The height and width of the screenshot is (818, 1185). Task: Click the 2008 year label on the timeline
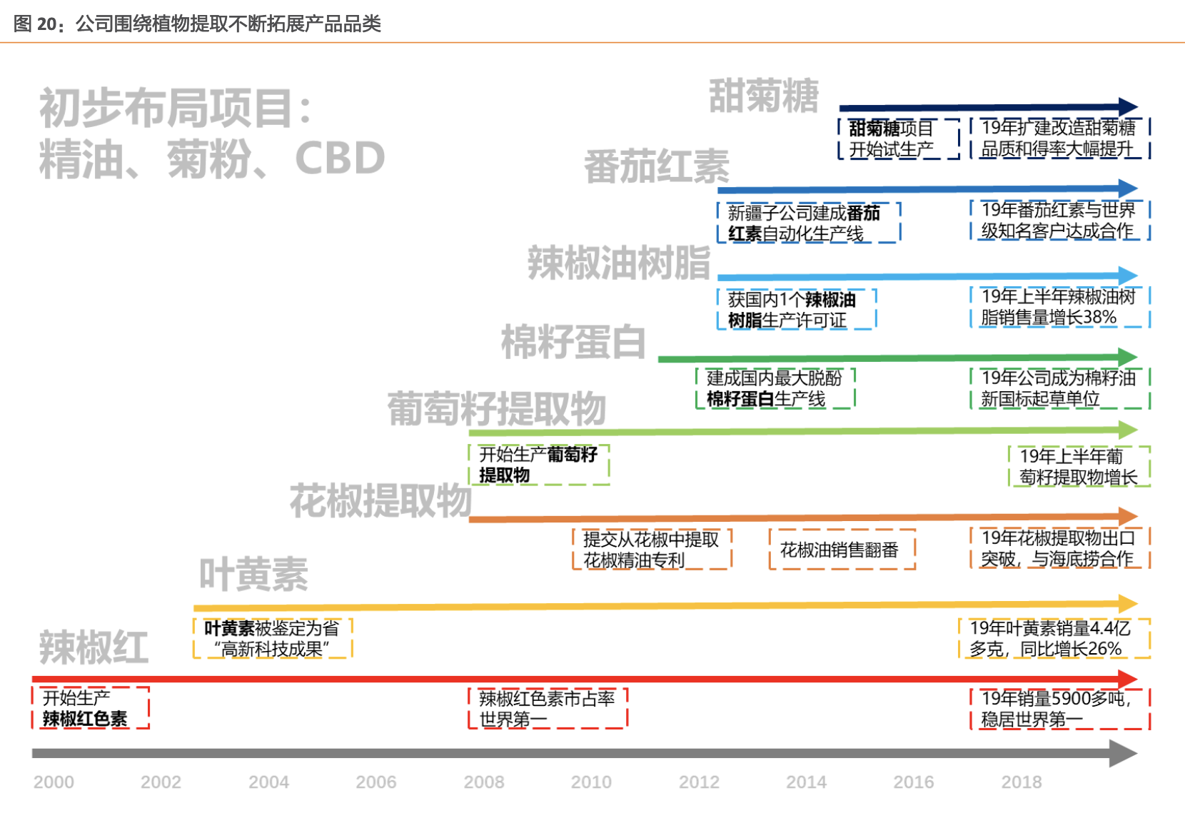tap(483, 782)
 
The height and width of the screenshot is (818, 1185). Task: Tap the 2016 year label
tap(913, 782)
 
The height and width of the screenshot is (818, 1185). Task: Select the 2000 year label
tap(54, 782)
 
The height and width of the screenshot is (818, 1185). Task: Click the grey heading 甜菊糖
tap(763, 96)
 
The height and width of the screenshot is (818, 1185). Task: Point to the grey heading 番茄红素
tap(657, 167)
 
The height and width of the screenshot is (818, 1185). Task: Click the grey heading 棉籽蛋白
tap(573, 342)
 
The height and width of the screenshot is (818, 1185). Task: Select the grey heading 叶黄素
tap(253, 574)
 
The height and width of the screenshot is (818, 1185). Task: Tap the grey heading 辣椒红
tap(94, 647)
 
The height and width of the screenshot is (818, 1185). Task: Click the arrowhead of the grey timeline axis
tap(1124, 753)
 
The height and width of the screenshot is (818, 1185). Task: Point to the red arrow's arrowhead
tap(1128, 679)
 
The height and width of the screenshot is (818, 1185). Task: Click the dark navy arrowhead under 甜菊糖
tap(1129, 107)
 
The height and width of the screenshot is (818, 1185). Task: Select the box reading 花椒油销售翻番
tap(842, 550)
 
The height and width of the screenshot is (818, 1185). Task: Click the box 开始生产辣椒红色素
tap(91, 708)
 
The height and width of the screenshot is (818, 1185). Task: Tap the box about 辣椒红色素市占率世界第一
tap(548, 708)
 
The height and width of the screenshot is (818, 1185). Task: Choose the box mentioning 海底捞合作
tap(1059, 548)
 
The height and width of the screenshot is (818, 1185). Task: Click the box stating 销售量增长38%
tap(1059, 307)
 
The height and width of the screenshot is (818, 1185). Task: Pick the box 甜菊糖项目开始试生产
tap(899, 138)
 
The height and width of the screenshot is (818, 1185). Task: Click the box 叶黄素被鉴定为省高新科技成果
tap(273, 638)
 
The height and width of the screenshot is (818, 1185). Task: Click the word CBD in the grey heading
tap(340, 158)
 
